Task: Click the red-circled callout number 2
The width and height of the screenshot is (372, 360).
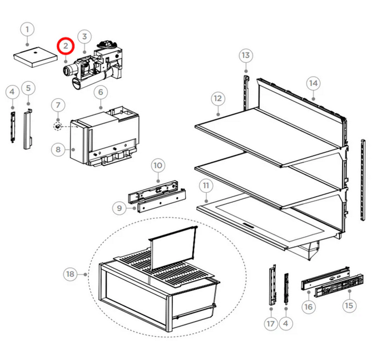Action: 66,44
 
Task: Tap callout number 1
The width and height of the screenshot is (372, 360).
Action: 28,29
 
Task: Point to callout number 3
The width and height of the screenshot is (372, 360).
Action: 84,37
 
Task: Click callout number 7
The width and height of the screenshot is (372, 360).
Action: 59,104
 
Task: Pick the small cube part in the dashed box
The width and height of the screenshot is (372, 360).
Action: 57,126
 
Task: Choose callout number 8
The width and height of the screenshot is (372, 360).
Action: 58,149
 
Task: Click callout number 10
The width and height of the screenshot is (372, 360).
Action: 158,165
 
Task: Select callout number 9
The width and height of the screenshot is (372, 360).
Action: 118,208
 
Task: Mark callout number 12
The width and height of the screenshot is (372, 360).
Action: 217,99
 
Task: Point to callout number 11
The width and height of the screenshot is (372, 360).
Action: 206,186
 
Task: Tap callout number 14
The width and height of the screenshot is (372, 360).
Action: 314,83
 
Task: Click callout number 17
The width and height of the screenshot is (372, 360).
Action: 271,324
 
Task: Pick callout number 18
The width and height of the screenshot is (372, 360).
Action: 70,274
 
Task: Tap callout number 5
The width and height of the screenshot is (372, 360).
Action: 28,87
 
